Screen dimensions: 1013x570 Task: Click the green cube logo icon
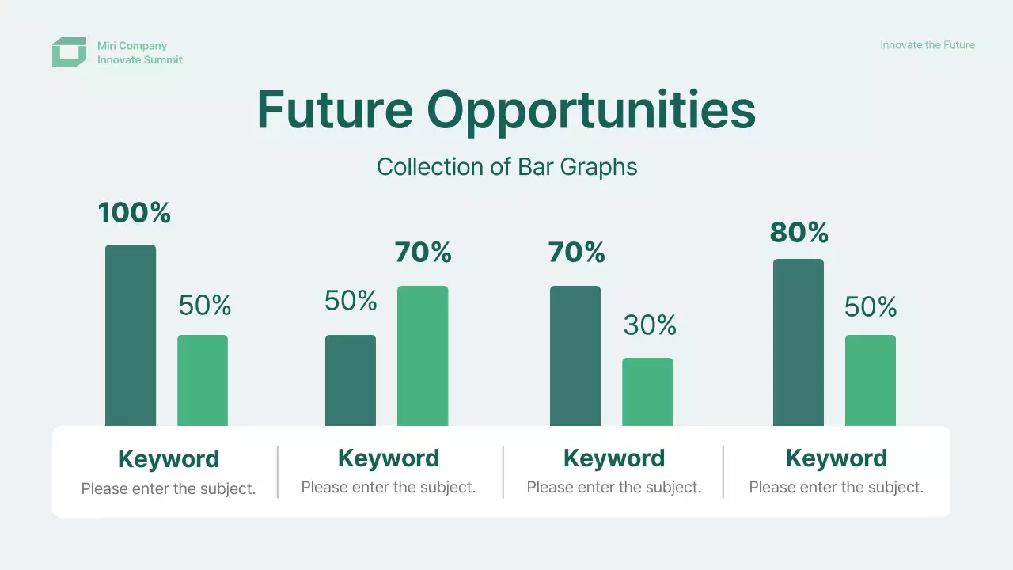[x=69, y=52]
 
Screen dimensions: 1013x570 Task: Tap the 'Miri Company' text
[x=132, y=46]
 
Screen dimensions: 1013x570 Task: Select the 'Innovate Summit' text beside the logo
[x=140, y=59]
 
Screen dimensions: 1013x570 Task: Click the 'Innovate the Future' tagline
[x=928, y=45]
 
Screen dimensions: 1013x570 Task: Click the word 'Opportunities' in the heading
[x=591, y=112]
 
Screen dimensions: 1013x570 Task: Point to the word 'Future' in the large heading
[x=335, y=110]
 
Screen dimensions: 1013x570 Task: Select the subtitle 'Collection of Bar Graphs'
[x=507, y=167]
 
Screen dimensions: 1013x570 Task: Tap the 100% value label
[x=135, y=213]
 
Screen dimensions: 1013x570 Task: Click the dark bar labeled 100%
[x=131, y=335]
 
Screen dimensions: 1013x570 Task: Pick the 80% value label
[x=799, y=233]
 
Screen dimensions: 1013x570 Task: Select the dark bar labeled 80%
[x=799, y=343]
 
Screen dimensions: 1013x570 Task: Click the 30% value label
[x=650, y=325]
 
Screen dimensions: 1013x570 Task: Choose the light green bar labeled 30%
[x=647, y=392]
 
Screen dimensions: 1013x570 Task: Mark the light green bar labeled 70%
[x=423, y=355]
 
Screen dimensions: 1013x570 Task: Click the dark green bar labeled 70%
[x=575, y=355]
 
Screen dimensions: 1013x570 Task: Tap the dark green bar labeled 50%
[x=351, y=381]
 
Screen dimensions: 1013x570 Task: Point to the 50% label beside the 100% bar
[x=205, y=305]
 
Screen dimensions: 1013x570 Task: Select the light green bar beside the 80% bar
[x=871, y=381]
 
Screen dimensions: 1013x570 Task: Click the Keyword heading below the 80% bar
[x=837, y=458]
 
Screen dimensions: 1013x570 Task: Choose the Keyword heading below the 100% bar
[x=169, y=459]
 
